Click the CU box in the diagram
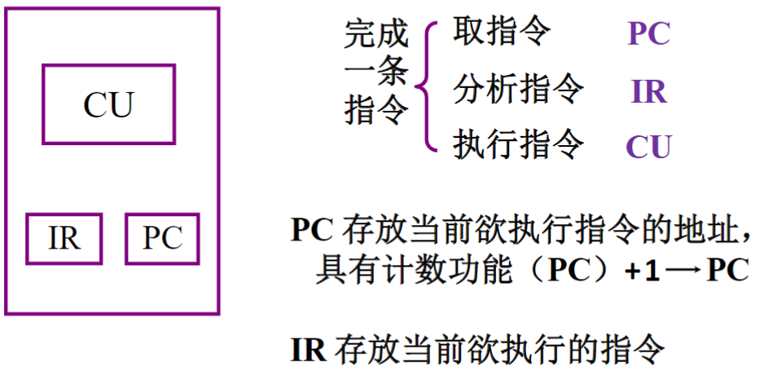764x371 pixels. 108,104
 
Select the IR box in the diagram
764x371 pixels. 64,238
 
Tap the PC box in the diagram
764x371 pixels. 162,238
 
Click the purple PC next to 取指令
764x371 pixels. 648,35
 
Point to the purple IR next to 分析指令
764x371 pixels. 648,91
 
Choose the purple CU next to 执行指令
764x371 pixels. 648,147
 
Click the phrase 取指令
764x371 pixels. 501,33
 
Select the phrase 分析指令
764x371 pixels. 518,89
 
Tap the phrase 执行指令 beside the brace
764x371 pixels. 518,145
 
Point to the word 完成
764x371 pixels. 375,35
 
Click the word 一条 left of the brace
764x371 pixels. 375,73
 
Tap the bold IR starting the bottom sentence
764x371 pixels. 308,350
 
